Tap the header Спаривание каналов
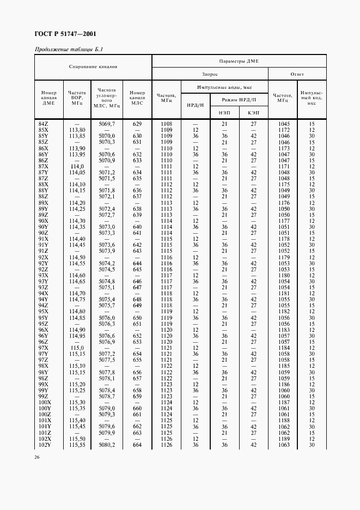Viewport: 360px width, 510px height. [x=93, y=67]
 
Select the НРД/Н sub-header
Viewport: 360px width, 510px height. [x=195, y=105]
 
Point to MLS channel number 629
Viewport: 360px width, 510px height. [x=137, y=124]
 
